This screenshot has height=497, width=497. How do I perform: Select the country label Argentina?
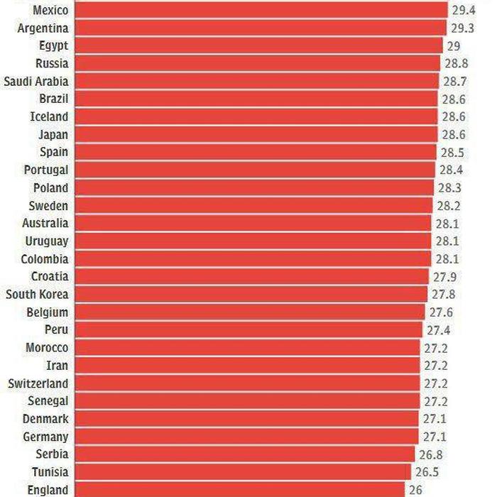(x=43, y=28)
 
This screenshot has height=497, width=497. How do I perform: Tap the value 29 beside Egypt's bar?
(x=454, y=45)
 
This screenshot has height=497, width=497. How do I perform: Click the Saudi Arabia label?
(x=36, y=81)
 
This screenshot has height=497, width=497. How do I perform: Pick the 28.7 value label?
(x=455, y=81)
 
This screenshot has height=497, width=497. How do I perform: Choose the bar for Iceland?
(x=256, y=116)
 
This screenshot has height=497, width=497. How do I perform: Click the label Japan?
(x=53, y=134)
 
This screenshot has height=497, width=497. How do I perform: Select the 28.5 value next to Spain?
(x=453, y=152)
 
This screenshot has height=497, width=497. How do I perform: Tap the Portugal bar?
(x=255, y=170)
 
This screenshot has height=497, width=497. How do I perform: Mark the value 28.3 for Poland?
(x=450, y=187)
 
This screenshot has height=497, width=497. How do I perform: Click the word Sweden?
(x=49, y=206)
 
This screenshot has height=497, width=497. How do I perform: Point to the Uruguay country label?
(x=47, y=241)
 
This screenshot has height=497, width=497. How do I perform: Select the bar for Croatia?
(x=251, y=277)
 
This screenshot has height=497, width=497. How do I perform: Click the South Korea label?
(x=38, y=295)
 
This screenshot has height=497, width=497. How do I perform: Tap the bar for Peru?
(x=249, y=330)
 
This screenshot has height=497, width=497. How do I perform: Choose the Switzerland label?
(x=38, y=383)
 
